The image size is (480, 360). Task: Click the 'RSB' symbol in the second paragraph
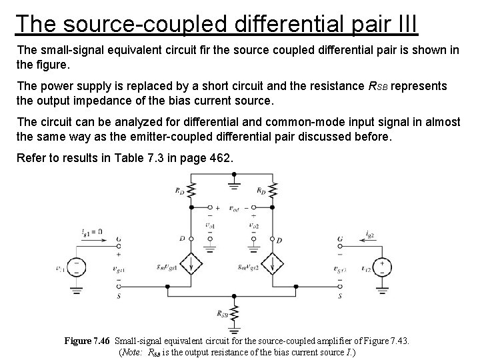coord(376,87)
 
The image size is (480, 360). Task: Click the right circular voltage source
coord(383,268)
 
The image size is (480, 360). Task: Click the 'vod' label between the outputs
coord(233,209)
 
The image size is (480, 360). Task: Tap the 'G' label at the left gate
coord(119,240)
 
